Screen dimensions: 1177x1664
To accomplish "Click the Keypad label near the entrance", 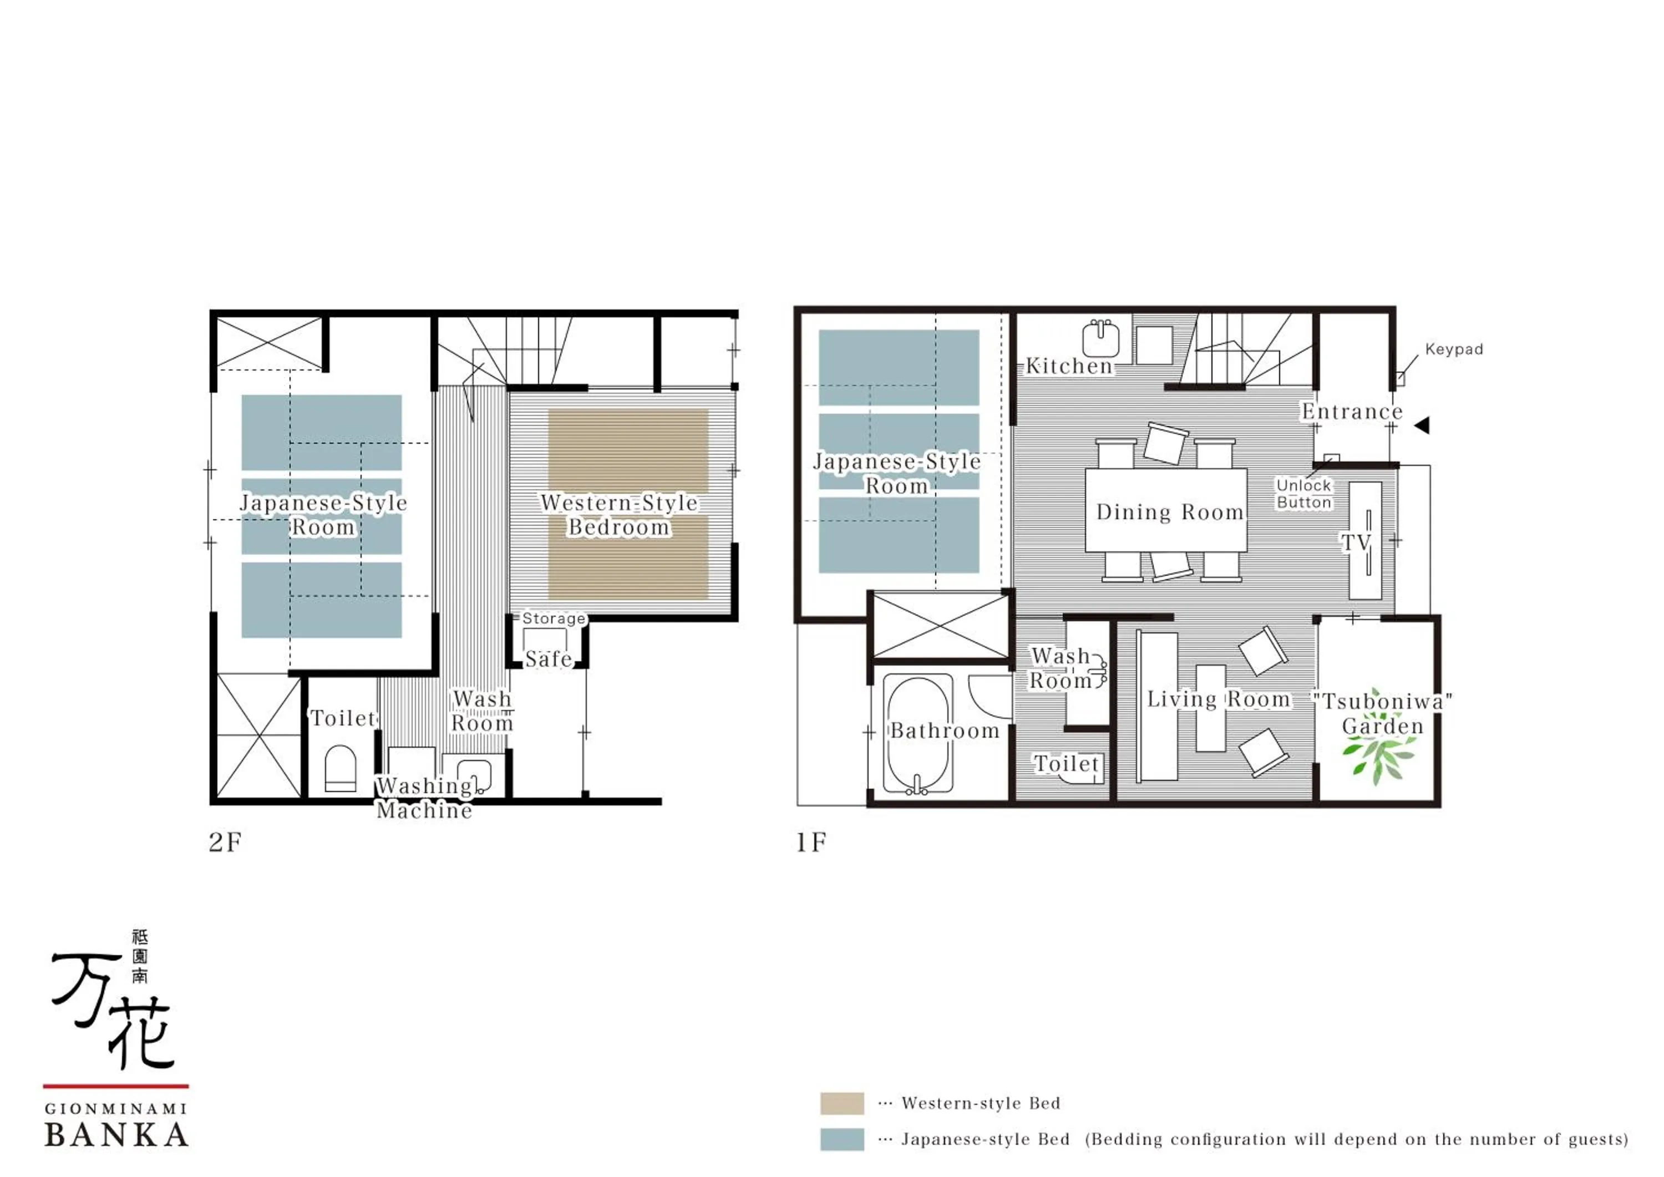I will click(x=1453, y=349).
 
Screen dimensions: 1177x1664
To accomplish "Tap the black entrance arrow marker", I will click(x=1422, y=425).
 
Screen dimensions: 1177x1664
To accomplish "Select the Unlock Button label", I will click(x=1304, y=494).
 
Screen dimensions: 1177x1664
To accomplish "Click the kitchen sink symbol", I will click(x=1101, y=339).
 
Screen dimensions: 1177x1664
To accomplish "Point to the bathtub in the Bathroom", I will click(x=917, y=734).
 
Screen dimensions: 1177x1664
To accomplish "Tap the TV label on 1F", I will click(x=1355, y=542).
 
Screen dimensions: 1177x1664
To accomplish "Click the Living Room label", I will click(x=1218, y=699).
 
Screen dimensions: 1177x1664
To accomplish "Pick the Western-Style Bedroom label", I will click(x=619, y=515).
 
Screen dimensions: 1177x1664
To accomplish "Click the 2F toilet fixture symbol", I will click(x=340, y=768).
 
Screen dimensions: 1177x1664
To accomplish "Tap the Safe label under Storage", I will click(x=549, y=659).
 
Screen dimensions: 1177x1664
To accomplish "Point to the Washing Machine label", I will click(x=425, y=798).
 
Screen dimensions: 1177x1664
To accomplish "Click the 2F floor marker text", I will click(x=225, y=842).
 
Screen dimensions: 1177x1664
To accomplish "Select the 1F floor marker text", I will click(x=811, y=842).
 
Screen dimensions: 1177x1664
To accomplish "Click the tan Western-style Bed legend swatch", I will click(x=842, y=1103).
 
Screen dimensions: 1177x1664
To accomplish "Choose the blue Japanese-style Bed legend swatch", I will click(x=842, y=1139).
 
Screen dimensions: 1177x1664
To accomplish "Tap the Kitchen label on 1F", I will click(x=1069, y=366).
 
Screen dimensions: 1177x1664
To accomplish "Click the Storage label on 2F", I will click(x=554, y=618).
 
